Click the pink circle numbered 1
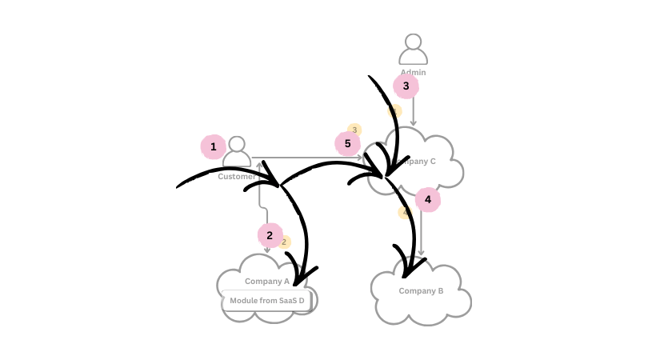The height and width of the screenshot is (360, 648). click(x=213, y=146)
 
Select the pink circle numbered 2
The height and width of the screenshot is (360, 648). click(x=270, y=235)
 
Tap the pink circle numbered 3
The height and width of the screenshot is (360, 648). click(x=406, y=86)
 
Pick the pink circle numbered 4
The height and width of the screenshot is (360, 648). click(x=428, y=199)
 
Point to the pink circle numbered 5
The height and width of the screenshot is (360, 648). click(x=347, y=144)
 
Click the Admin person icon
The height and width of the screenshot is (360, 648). click(x=413, y=50)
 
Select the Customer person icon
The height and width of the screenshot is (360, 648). click(x=237, y=152)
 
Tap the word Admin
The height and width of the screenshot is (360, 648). click(x=413, y=73)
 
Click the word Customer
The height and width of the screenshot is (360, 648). click(x=236, y=177)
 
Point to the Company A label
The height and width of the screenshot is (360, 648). click(x=267, y=281)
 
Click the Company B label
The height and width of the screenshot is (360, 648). click(x=421, y=290)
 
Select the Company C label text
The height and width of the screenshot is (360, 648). click(x=417, y=162)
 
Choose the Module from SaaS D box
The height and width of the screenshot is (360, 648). click(x=267, y=301)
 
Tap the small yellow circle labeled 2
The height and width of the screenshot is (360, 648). click(x=284, y=242)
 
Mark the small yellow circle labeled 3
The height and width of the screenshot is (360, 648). click(x=354, y=130)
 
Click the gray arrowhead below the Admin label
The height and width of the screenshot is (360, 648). click(x=414, y=122)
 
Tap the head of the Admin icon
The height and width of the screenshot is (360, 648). click(x=413, y=41)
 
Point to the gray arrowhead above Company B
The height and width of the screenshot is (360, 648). click(x=422, y=253)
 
